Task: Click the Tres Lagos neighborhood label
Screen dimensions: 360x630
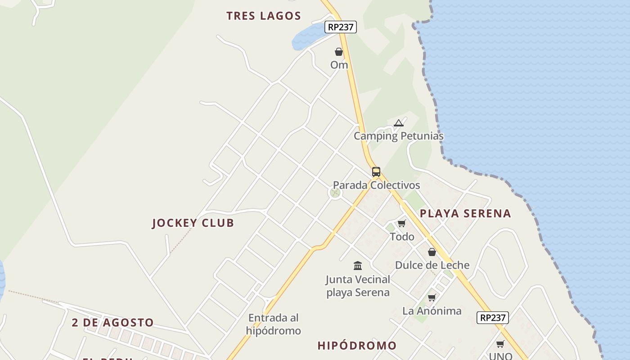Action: [263, 16]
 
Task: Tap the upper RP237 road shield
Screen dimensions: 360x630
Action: [341, 27]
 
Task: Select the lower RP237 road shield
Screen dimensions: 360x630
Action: [493, 318]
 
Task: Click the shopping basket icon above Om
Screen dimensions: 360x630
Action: [339, 52]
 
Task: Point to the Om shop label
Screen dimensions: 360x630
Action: [339, 65]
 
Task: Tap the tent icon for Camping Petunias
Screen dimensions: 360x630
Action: [398, 123]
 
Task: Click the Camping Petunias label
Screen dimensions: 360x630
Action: [398, 136]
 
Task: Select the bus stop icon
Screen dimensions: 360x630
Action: [376, 172]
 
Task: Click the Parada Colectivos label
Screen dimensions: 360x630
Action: [376, 185]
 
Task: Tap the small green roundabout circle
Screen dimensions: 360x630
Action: [335, 193]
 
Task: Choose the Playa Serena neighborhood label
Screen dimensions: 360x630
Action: [465, 214]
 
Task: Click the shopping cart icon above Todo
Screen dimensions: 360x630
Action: [402, 224]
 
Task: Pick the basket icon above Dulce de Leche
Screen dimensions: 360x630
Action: [432, 252]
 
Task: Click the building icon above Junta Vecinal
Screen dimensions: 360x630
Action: [358, 265]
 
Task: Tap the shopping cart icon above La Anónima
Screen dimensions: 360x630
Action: [432, 297]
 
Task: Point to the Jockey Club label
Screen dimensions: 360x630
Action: [193, 223]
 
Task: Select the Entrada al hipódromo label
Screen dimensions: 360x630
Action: [273, 324]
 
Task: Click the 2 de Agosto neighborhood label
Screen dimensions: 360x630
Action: [112, 323]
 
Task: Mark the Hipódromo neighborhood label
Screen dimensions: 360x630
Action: [357, 346]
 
